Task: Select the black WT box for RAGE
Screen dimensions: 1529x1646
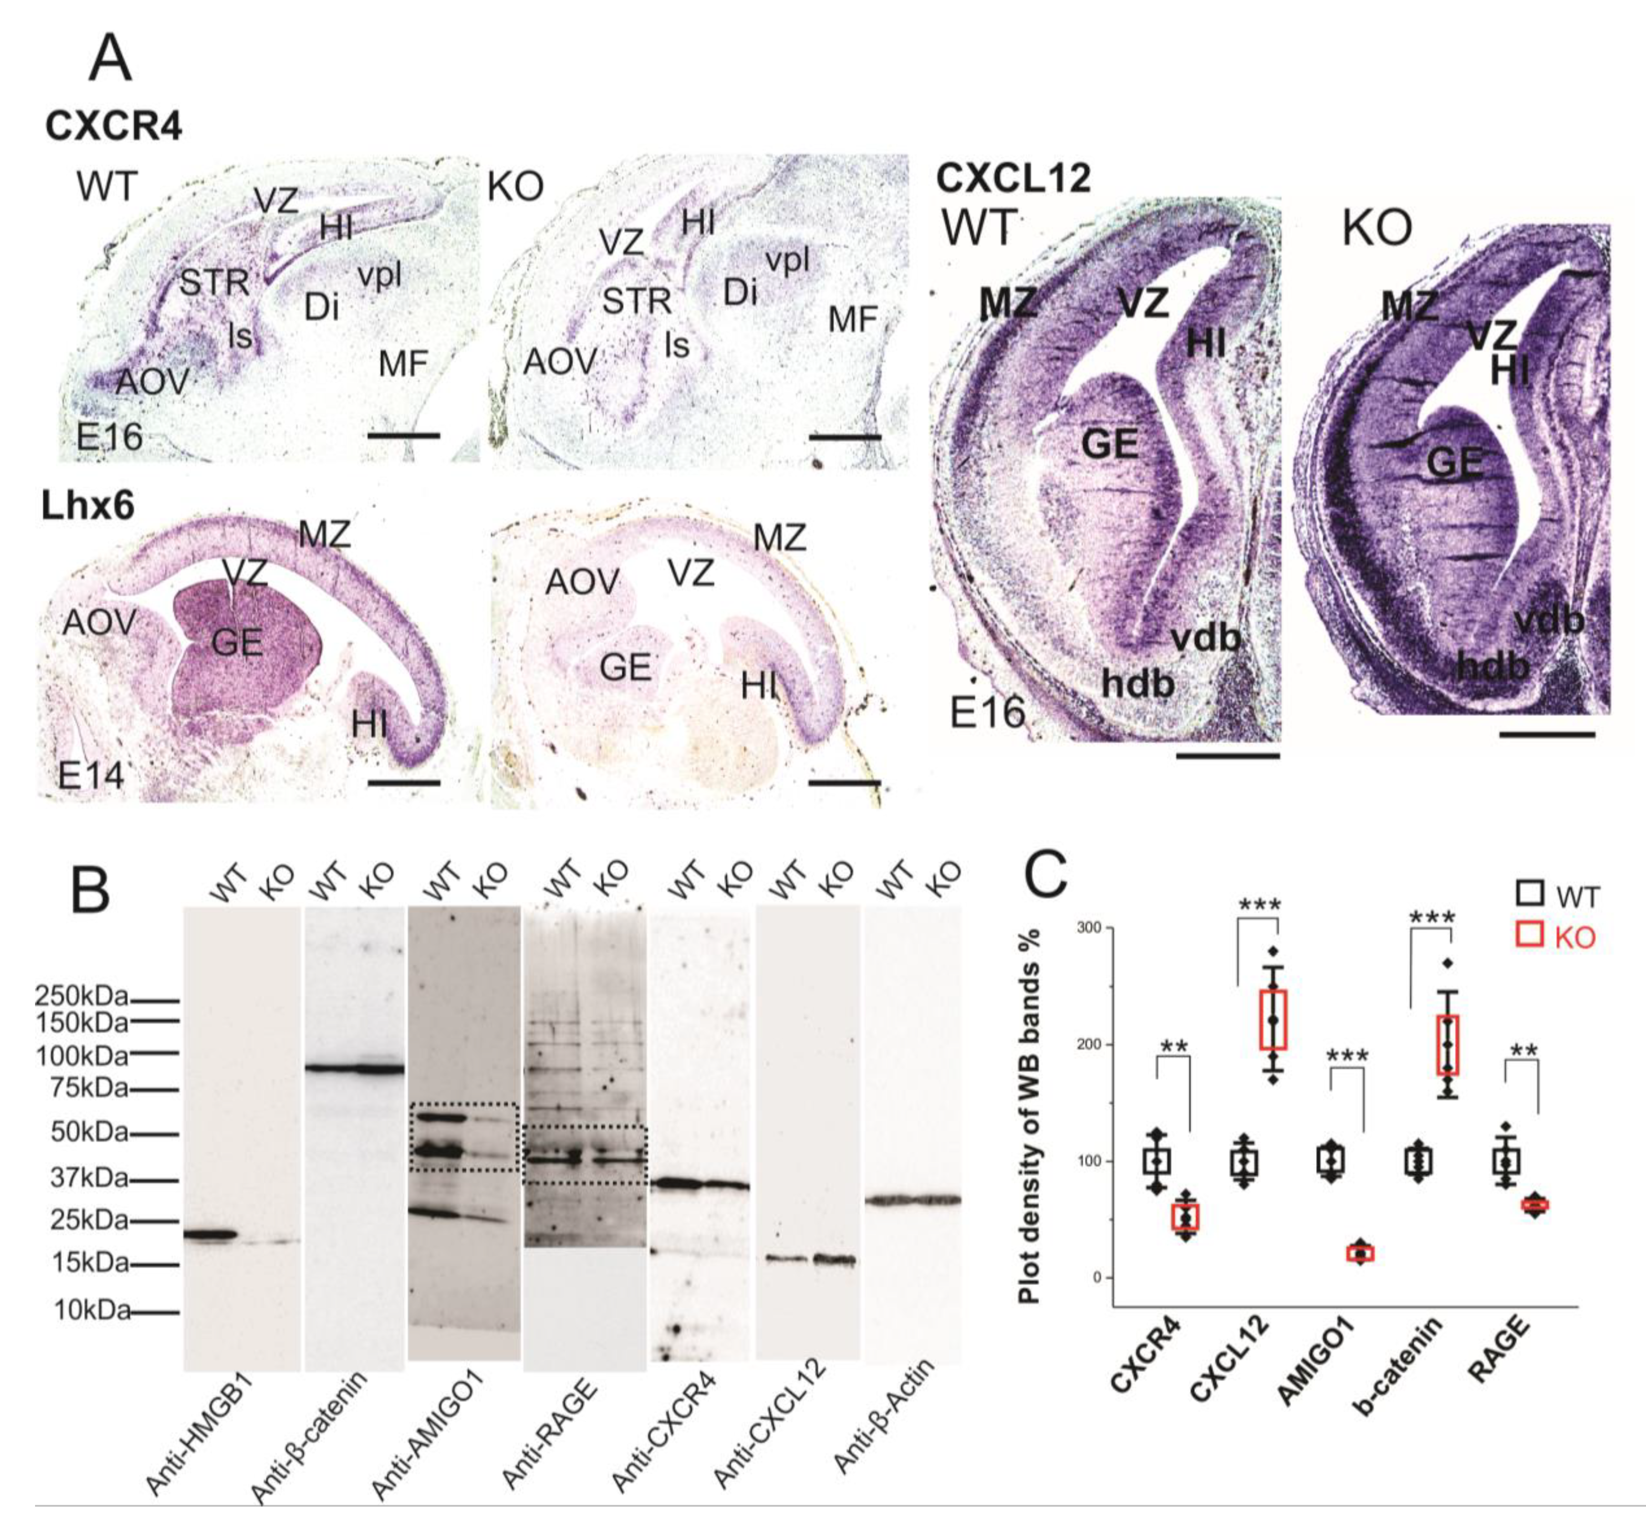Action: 1505,1162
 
